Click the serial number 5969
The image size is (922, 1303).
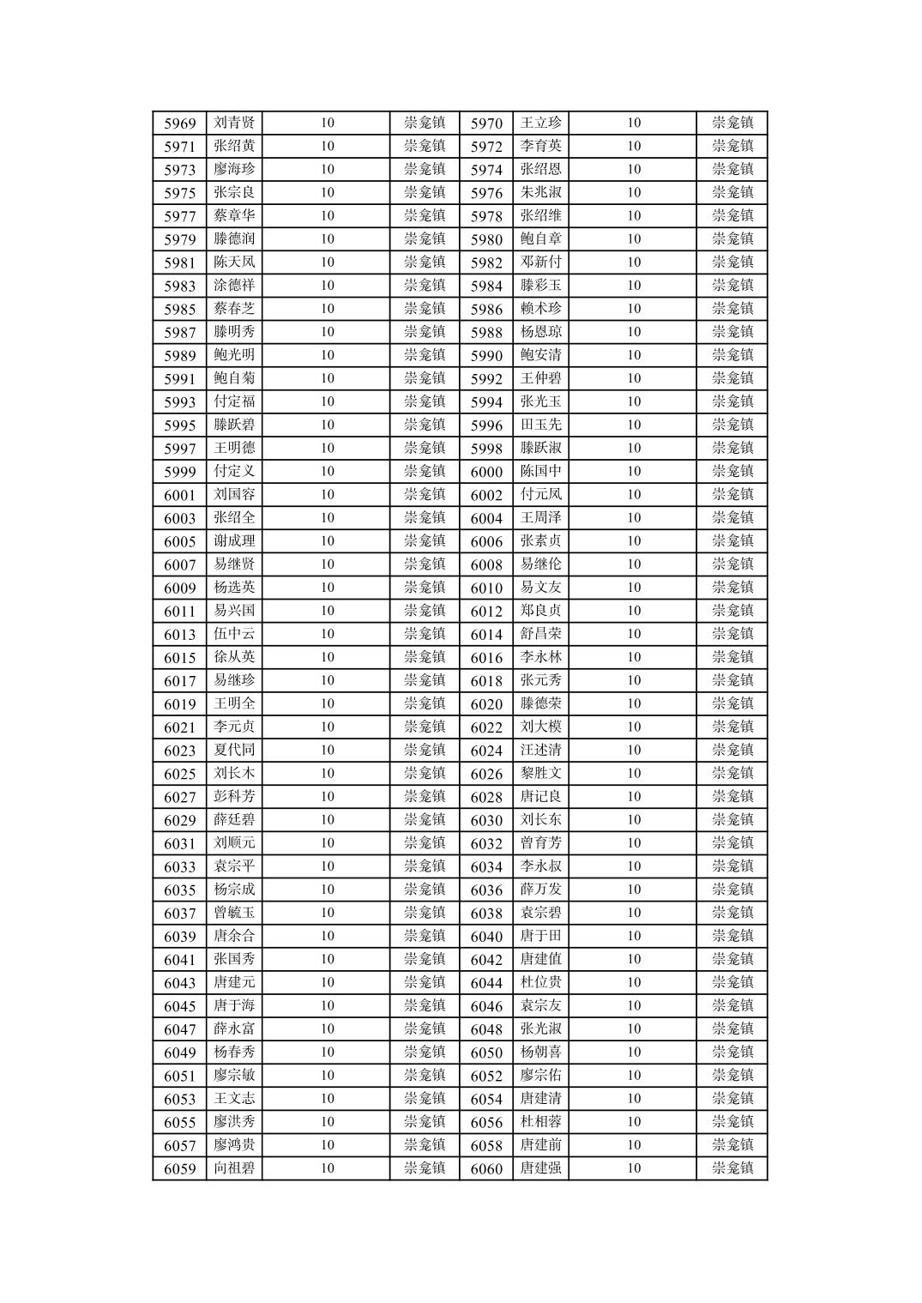click(x=180, y=124)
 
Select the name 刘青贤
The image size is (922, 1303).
click(x=234, y=123)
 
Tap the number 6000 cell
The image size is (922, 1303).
click(x=486, y=472)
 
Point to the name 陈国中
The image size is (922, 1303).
click(x=541, y=471)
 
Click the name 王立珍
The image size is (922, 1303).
click(x=541, y=123)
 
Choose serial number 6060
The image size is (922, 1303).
click(x=486, y=1169)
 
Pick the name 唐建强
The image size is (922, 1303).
click(x=541, y=1168)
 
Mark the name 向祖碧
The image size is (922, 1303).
click(x=234, y=1168)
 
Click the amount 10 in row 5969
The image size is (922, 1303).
click(x=328, y=123)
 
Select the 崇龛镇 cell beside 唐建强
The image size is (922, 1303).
click(x=732, y=1168)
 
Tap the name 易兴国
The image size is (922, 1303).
click(x=234, y=611)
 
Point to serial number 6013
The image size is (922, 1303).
click(x=180, y=635)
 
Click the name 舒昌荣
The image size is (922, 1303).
click(x=541, y=634)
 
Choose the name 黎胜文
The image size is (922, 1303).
click(x=541, y=773)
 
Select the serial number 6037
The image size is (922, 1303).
click(x=180, y=914)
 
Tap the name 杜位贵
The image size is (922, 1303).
click(x=541, y=982)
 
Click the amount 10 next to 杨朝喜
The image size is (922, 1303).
click(x=634, y=1052)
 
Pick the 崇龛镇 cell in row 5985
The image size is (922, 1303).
click(x=425, y=309)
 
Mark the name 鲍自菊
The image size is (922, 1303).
click(x=234, y=378)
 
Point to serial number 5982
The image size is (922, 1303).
click(x=486, y=263)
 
